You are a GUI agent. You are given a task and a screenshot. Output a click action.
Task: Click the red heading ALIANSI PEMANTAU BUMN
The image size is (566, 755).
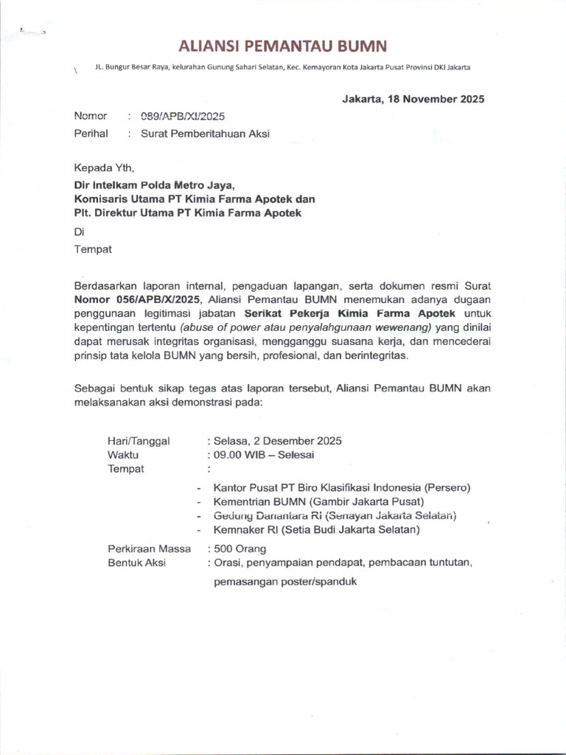coord(283,46)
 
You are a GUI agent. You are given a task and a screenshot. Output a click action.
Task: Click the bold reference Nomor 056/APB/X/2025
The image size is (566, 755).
coord(139,299)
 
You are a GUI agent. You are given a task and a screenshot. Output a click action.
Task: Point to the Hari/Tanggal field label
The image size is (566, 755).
coord(139,441)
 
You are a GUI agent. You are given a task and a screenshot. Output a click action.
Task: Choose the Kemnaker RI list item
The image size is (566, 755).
coord(316,529)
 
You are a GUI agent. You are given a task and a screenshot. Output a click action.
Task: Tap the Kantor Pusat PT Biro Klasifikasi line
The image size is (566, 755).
coord(342,487)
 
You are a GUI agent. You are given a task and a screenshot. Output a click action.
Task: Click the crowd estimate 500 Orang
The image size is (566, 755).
coord(240,549)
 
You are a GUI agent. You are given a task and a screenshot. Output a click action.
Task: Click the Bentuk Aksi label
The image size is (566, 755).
coord(136,563)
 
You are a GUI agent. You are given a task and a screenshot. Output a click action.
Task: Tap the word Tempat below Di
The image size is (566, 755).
coord(93,249)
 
